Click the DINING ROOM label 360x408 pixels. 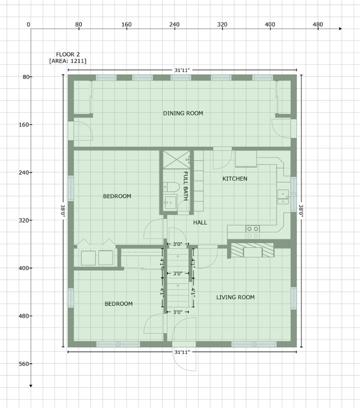(x=183, y=113)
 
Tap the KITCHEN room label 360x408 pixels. (x=235, y=178)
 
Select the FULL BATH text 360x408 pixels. (x=186, y=182)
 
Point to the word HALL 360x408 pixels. (x=200, y=222)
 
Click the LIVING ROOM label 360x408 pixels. (x=235, y=297)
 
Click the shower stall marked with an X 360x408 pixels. (x=177, y=159)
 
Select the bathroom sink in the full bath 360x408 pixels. (x=170, y=202)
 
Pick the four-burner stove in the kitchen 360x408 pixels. (x=253, y=232)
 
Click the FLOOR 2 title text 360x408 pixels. (x=68, y=54)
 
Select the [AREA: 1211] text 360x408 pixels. (x=68, y=61)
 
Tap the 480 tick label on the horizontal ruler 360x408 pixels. (x=317, y=24)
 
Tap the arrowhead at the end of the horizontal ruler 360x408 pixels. (x=340, y=28)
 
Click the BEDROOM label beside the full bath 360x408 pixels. (x=117, y=196)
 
